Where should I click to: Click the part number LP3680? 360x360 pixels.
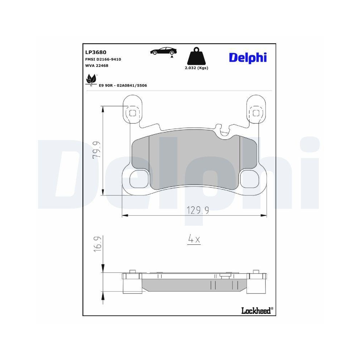96,52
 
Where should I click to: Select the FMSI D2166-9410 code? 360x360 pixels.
103,59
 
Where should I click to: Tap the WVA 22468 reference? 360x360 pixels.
97,66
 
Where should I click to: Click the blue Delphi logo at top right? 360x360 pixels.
248,57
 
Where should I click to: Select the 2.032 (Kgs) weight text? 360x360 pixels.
196,68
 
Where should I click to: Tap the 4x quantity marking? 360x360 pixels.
194,239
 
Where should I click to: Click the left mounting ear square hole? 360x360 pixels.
132,113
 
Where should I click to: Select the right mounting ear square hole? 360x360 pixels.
256,113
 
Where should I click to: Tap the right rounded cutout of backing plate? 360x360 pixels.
250,179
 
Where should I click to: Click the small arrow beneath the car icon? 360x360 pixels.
172,56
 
